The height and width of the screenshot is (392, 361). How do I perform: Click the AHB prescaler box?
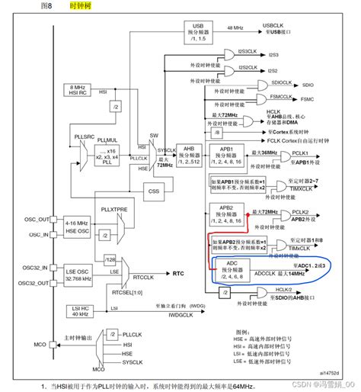tap(186, 153)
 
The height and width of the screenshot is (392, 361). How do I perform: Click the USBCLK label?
tap(273, 25)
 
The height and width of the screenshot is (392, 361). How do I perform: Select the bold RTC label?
tap(179, 272)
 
